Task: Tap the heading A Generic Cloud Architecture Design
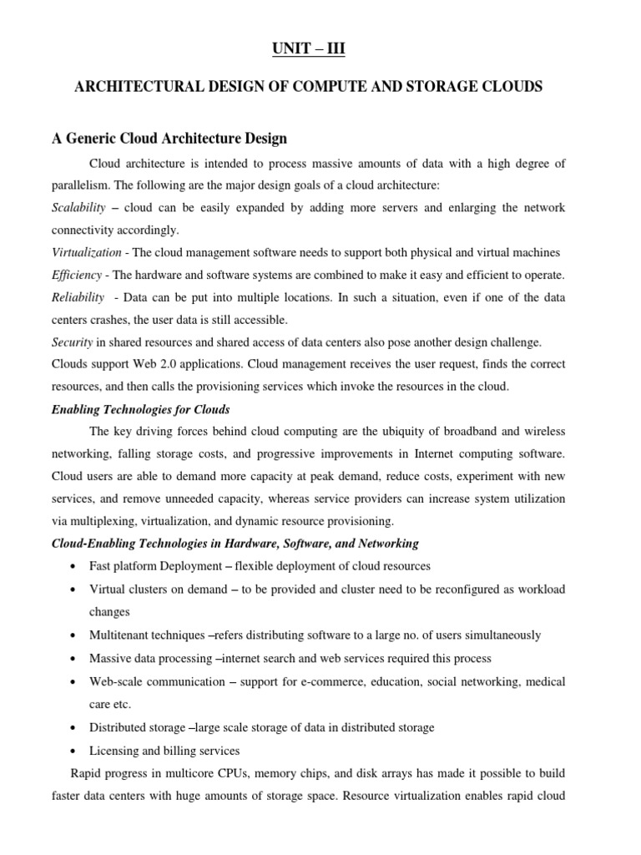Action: coord(170,138)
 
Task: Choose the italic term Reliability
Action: coord(78,297)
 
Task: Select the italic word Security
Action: coord(72,342)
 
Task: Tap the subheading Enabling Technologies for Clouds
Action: coord(141,409)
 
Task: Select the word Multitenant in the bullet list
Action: coord(119,635)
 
